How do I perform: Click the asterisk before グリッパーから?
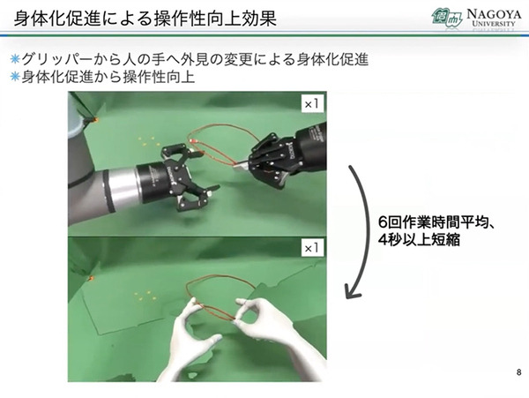(14, 60)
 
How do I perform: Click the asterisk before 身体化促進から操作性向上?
(14, 78)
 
